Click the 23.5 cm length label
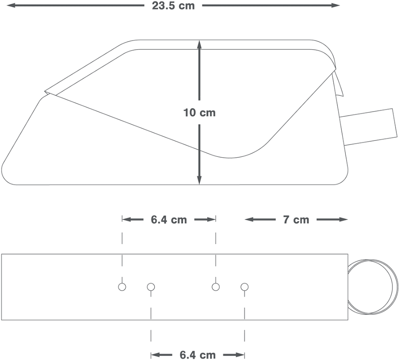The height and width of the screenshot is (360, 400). tap(173, 6)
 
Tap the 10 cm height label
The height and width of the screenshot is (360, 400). tap(200, 112)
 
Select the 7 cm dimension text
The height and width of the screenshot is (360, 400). tap(296, 220)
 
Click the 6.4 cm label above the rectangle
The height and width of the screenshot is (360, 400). tap(169, 220)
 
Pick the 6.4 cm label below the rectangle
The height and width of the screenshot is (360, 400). tap(198, 355)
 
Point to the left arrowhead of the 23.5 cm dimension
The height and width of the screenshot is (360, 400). tap(10, 5)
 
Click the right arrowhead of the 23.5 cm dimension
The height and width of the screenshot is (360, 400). tap(336, 5)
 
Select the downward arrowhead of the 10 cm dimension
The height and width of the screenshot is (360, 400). tap(200, 180)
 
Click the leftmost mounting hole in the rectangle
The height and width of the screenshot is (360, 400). tap(122, 287)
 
